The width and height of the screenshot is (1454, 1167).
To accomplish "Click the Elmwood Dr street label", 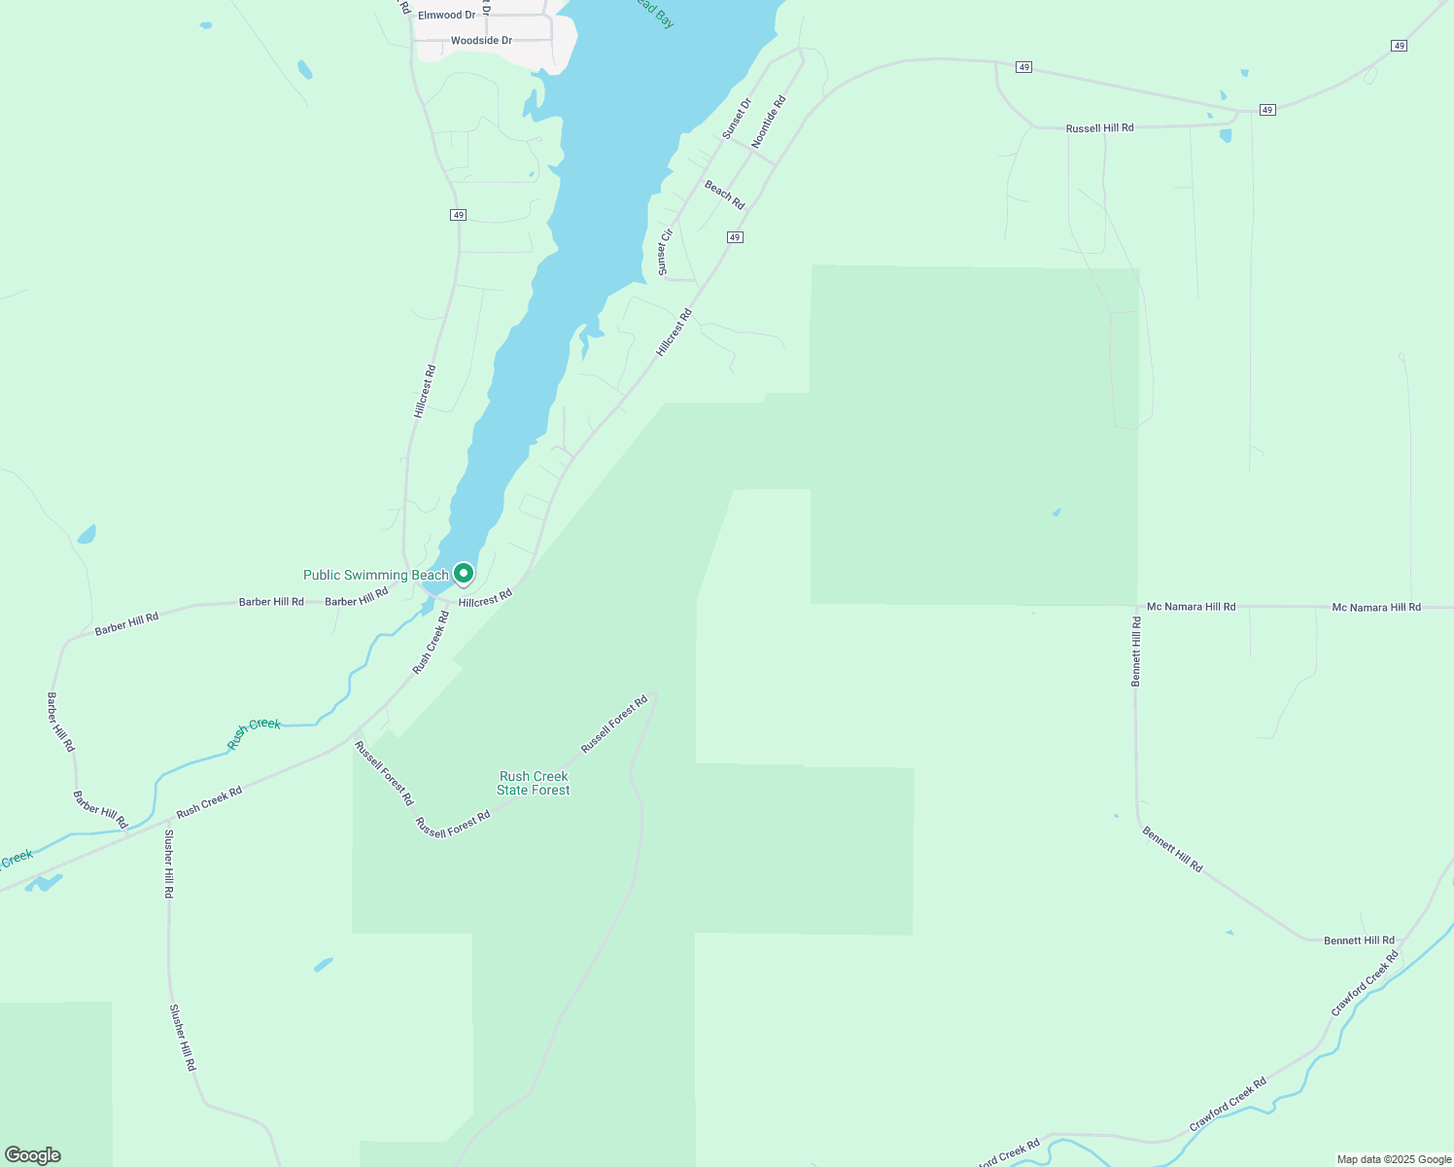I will (446, 16).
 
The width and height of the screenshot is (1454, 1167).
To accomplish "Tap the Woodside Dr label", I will (481, 41).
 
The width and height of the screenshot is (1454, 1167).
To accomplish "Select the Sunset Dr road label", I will (737, 118).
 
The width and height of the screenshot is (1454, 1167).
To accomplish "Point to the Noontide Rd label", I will (768, 121).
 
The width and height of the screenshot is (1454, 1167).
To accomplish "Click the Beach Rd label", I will (724, 194).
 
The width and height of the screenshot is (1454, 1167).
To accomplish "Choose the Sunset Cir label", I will (665, 252).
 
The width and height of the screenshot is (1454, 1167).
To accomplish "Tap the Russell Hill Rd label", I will (1099, 128).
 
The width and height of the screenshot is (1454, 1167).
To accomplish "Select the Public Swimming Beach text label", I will (375, 575).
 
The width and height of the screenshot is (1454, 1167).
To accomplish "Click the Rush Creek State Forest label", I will (534, 783).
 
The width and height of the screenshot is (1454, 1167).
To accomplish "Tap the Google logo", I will (32, 1155).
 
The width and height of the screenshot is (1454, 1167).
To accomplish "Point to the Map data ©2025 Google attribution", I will (1394, 1159).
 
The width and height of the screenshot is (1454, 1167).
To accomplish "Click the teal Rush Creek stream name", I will (254, 731).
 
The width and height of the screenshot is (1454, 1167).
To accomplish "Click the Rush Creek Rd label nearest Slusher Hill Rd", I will (209, 802).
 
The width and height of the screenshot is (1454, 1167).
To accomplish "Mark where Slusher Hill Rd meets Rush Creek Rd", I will (168, 819).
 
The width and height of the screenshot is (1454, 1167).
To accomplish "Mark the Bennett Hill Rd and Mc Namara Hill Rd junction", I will (1136, 606).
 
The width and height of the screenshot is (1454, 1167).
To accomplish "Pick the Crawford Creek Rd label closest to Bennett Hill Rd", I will (1366, 983).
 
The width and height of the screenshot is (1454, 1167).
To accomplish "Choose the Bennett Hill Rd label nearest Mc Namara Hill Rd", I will (1136, 651).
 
